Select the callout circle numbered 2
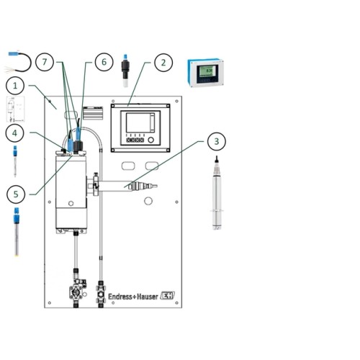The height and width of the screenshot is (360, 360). tap(163, 63)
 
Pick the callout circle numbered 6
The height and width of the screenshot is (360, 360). tap(103, 63)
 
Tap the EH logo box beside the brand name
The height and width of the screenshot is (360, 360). tap(168, 296)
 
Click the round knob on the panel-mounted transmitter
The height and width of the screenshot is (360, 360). tap(150, 138)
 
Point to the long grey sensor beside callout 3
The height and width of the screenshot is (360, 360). tap(216, 194)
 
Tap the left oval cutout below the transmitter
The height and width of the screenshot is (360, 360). tap(127, 166)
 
